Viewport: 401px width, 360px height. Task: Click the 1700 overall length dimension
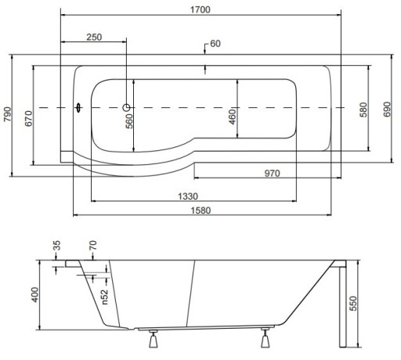(200, 9)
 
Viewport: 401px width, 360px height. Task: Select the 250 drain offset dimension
(94, 37)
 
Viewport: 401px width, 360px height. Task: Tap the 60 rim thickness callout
(215, 44)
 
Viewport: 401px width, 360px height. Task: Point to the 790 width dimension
(8, 114)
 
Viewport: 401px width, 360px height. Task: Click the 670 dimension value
(29, 118)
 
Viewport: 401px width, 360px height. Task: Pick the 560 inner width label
(129, 121)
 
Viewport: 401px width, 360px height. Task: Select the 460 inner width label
(232, 117)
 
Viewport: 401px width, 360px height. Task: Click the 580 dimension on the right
(363, 110)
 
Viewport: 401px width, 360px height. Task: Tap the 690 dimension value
(387, 110)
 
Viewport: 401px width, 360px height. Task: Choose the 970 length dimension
(272, 173)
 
